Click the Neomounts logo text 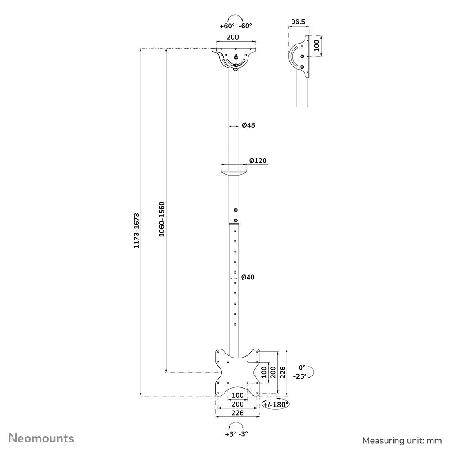(x=42, y=438)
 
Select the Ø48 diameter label (x=248, y=125)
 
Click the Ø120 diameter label (x=258, y=160)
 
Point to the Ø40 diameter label (x=248, y=277)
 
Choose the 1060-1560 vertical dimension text (x=162, y=219)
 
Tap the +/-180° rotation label (x=276, y=404)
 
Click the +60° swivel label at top (x=226, y=26)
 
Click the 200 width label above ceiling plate (x=232, y=37)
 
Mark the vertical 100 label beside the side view (x=316, y=46)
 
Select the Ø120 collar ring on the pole (x=234, y=170)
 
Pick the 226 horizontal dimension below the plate (x=238, y=413)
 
